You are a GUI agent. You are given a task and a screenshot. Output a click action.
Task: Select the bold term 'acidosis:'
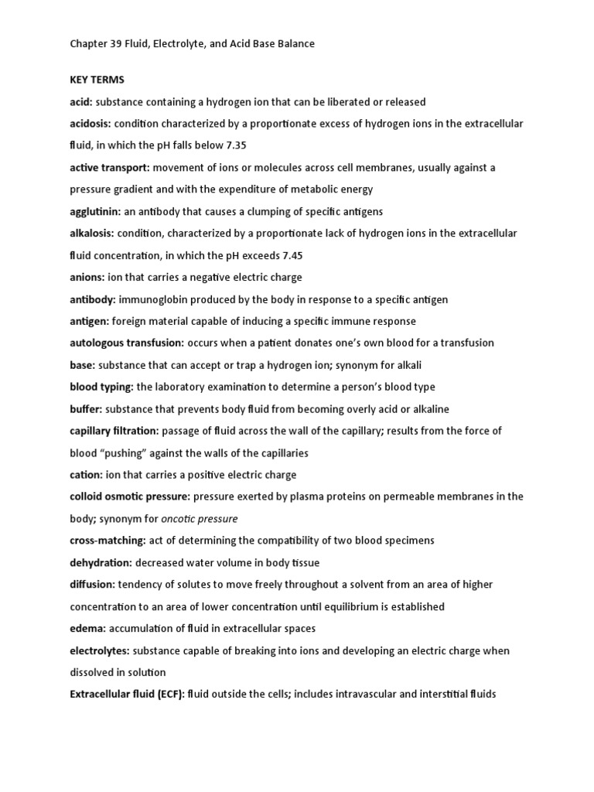[90, 124]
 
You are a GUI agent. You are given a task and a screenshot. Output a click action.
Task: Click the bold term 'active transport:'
[108, 167]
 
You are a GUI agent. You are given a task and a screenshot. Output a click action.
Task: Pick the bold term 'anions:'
[87, 277]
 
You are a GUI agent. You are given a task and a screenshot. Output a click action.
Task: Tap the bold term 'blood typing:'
[101, 387]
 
